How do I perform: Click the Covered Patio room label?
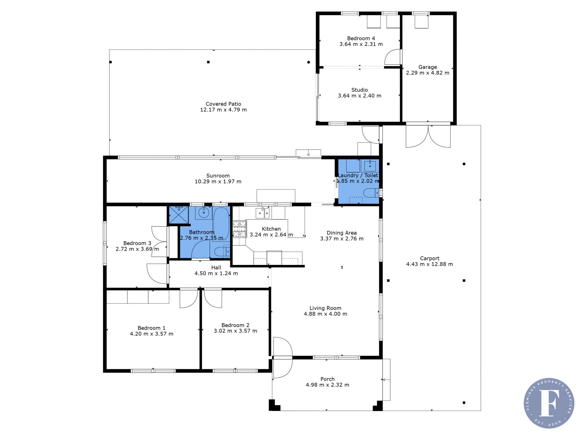[x=223, y=104]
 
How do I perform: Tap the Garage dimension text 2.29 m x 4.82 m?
[x=427, y=73]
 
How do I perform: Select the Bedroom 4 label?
[x=361, y=38]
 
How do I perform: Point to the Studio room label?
[x=360, y=90]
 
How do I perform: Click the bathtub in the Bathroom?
[x=221, y=224]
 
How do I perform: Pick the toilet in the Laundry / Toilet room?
[x=371, y=193]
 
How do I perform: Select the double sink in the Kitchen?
[x=262, y=213]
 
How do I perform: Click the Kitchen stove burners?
[x=239, y=229]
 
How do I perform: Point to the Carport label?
[x=429, y=259]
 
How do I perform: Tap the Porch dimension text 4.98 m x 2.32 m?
[x=327, y=385]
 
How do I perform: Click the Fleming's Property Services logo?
[x=549, y=403]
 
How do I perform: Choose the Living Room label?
[x=325, y=308]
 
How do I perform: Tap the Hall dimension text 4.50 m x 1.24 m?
[x=216, y=273]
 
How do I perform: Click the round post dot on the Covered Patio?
[x=308, y=62]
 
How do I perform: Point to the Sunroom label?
[x=218, y=176]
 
